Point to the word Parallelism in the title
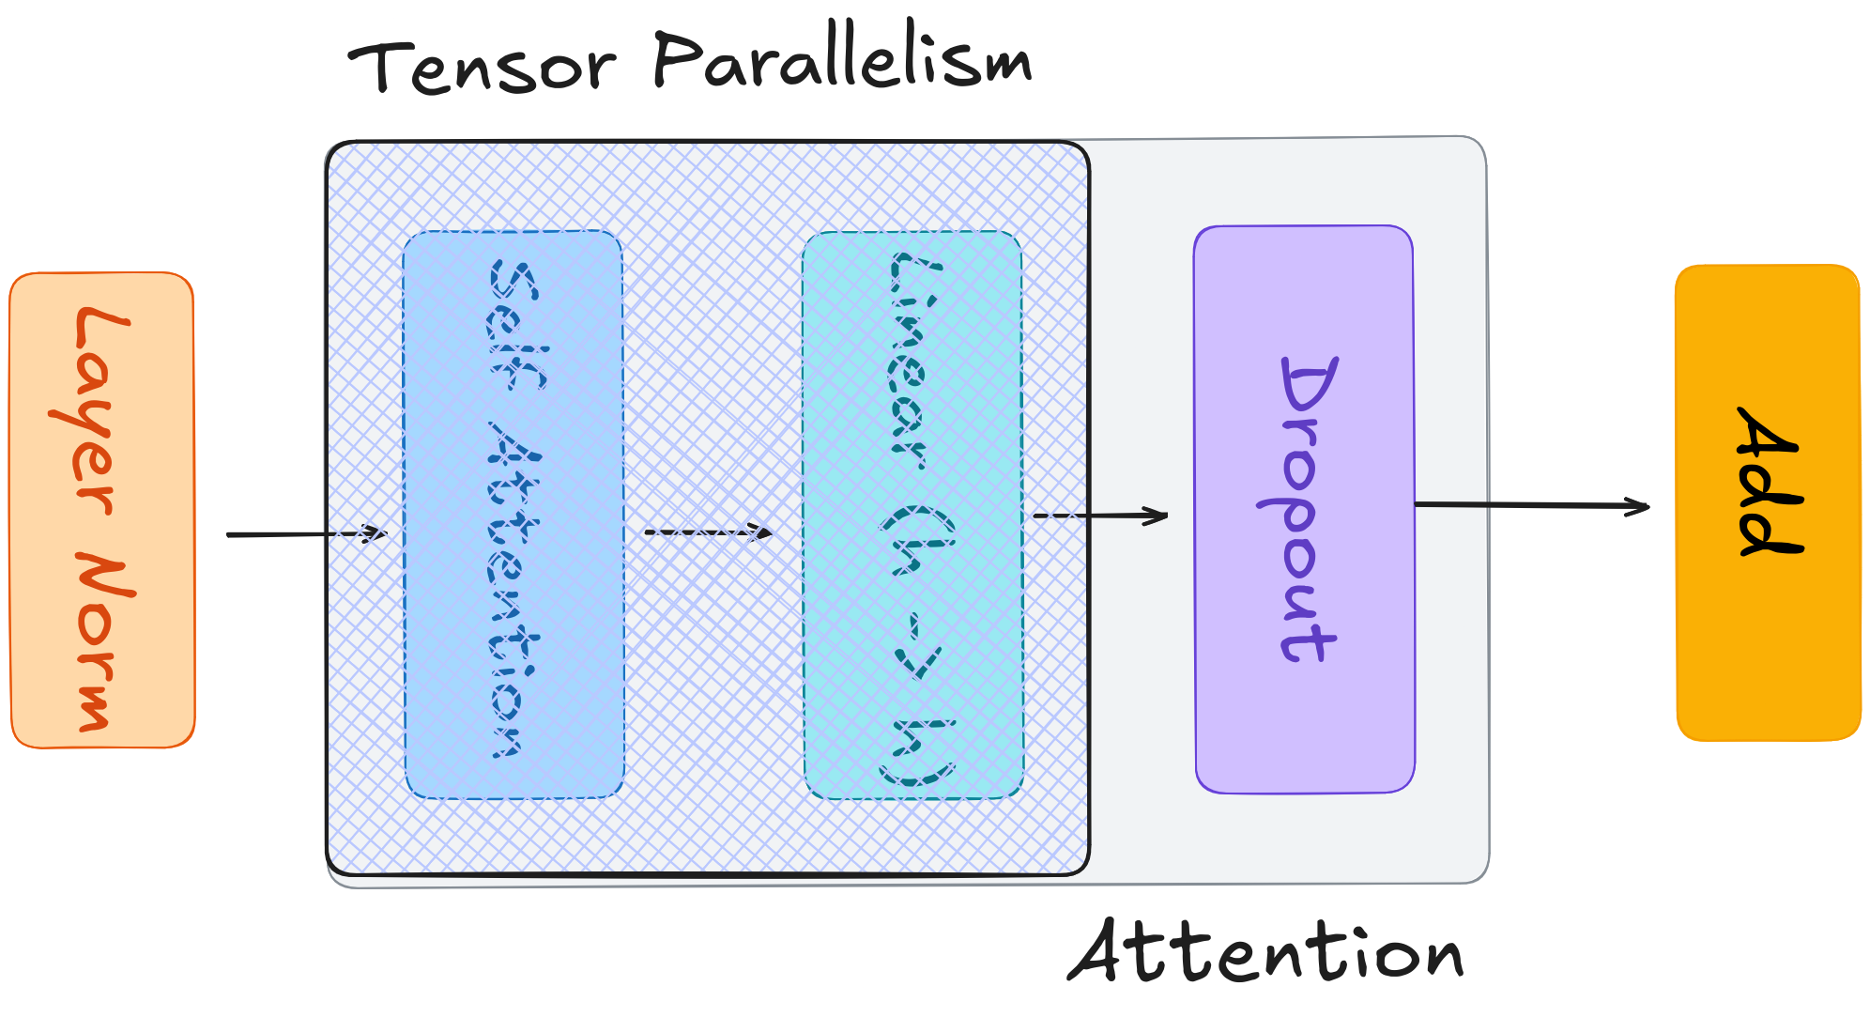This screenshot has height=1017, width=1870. [842, 60]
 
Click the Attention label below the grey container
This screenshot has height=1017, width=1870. [1265, 952]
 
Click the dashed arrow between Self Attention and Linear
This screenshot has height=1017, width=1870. [707, 532]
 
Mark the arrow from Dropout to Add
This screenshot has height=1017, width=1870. [1530, 505]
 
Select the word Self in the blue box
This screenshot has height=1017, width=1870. [514, 324]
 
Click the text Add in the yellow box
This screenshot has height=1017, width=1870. [1769, 481]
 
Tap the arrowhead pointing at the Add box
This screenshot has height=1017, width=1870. [1640, 507]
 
